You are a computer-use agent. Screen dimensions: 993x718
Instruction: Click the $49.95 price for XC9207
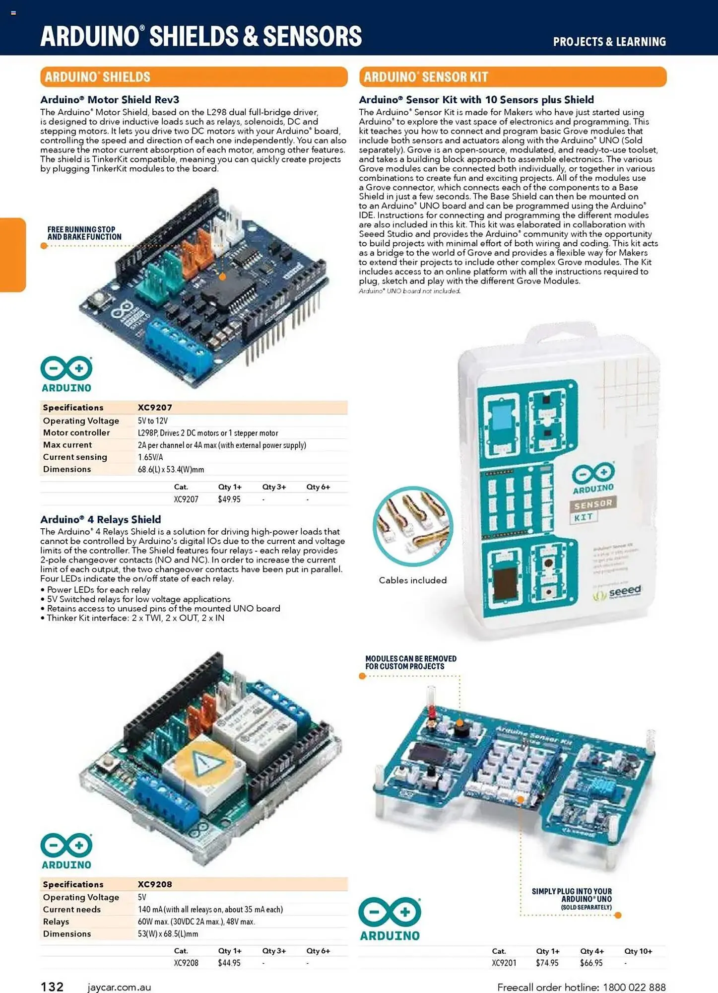(x=229, y=499)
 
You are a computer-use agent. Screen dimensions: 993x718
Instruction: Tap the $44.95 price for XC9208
(x=229, y=963)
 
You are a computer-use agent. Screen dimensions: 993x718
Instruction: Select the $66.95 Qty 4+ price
(x=591, y=963)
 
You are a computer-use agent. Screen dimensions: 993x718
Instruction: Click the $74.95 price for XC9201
(x=547, y=963)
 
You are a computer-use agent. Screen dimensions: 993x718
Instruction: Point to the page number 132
(x=52, y=987)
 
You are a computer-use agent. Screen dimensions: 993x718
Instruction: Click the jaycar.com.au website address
(x=119, y=988)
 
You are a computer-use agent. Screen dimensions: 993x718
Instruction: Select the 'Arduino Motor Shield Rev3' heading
(x=110, y=100)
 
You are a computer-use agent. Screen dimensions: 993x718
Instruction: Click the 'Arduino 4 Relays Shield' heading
(x=101, y=519)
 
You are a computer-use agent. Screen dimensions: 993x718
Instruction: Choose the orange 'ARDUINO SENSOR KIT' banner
(x=513, y=77)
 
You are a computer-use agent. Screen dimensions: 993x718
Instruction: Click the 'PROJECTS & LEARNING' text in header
(x=609, y=42)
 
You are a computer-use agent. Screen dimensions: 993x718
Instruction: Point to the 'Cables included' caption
(x=412, y=580)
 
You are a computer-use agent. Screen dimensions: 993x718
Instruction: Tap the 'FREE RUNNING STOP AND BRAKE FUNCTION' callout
(x=84, y=233)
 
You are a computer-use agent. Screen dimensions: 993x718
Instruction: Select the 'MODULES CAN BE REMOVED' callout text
(x=410, y=662)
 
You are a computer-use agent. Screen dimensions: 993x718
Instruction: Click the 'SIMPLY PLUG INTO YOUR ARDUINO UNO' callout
(x=572, y=899)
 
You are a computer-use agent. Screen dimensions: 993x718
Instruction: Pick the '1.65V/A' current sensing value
(x=150, y=457)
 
